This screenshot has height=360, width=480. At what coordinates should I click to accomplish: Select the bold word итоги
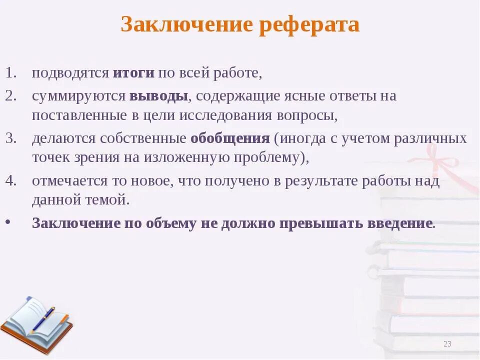(x=133, y=72)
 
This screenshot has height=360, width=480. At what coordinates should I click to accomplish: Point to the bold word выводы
(x=158, y=95)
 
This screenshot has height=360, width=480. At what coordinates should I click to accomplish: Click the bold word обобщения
(x=230, y=138)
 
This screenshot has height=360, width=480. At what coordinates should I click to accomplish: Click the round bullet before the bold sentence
(x=10, y=223)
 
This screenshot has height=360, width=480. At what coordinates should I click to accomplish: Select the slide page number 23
(x=447, y=343)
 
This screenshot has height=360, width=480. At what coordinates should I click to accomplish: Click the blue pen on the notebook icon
(x=43, y=319)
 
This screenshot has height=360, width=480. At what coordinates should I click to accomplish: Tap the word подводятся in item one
(x=70, y=73)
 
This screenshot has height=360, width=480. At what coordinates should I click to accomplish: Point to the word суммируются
(x=78, y=96)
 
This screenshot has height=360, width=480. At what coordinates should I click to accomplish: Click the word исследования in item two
(x=229, y=116)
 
